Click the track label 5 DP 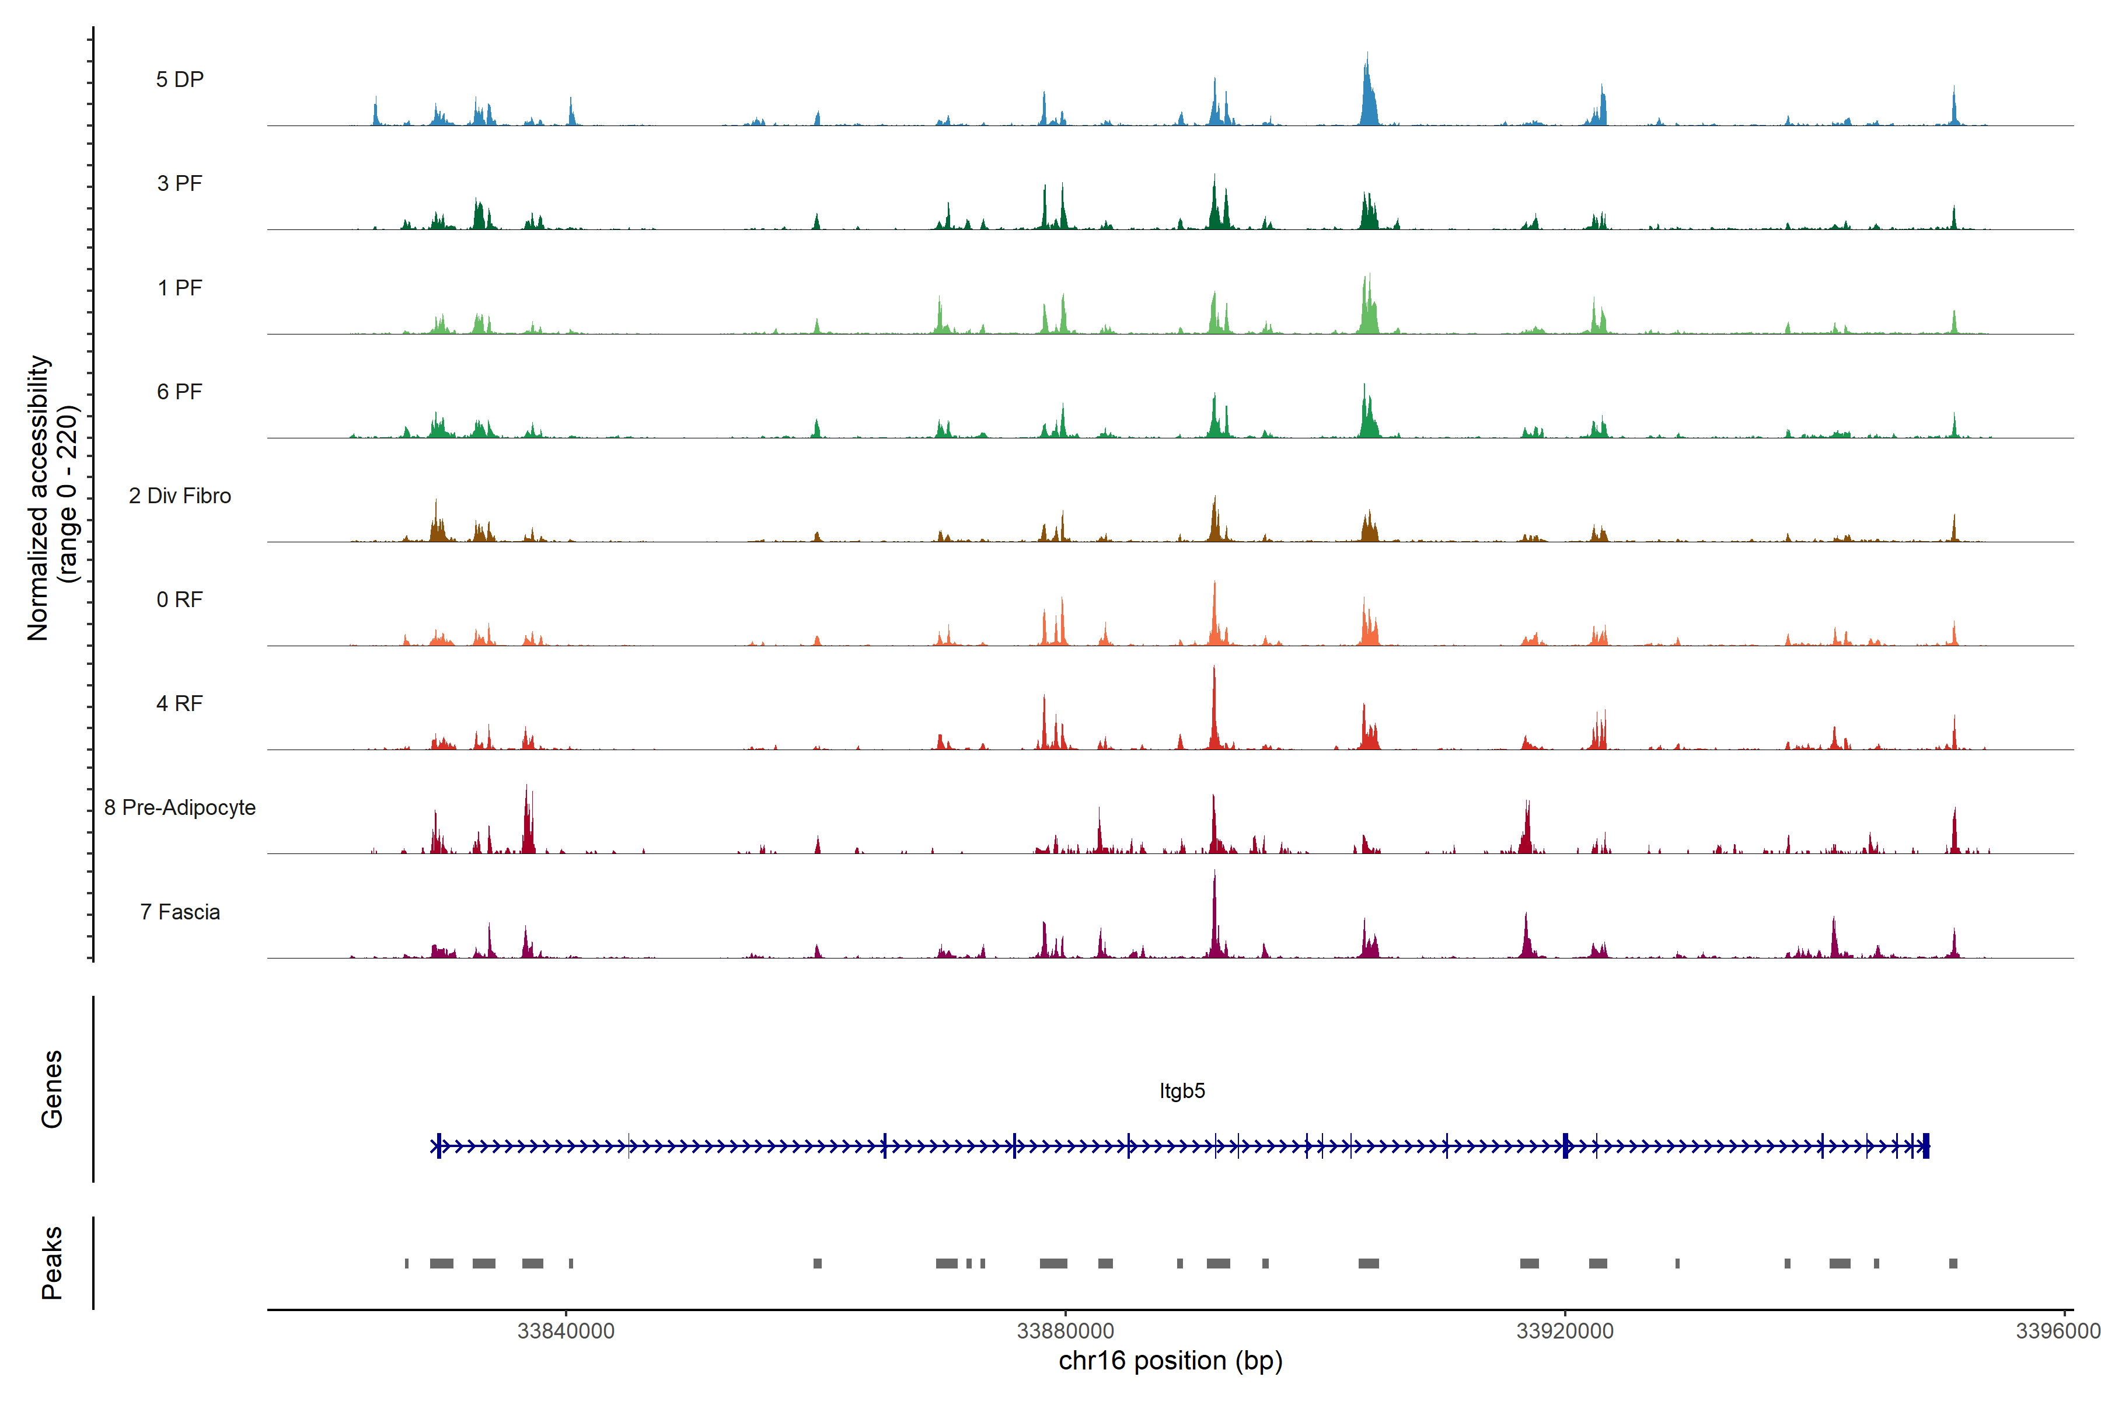coord(180,79)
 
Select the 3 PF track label coord(180,183)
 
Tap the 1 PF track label coord(180,288)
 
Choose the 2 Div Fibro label coord(180,496)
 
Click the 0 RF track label coord(180,600)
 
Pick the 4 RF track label coord(180,703)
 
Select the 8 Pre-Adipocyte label coord(180,808)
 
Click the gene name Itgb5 coord(1182,1091)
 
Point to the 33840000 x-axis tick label coord(566,1330)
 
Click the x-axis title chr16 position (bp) coord(1170,1361)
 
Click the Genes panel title coord(52,1089)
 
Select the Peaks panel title coord(52,1263)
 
